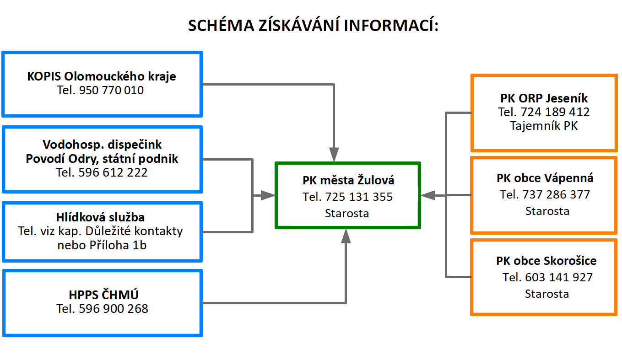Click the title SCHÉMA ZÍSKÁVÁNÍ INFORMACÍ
(313, 25)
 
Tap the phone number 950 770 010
(111, 90)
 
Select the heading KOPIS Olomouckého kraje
(101, 76)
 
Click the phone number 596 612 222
(113, 172)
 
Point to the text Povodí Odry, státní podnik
(102, 159)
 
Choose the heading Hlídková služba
(100, 217)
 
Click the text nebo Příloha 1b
(102, 245)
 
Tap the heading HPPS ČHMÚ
(103, 295)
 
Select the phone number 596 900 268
(114, 309)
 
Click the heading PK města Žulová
(348, 180)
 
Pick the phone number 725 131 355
(359, 197)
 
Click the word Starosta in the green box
(347, 214)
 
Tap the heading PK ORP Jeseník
(544, 98)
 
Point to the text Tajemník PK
(544, 126)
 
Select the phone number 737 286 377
(556, 194)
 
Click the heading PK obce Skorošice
(546, 261)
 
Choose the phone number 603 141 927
(559, 277)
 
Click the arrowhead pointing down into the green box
(334, 154)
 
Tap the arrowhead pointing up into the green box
(346, 236)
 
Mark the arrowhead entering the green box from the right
(428, 195)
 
